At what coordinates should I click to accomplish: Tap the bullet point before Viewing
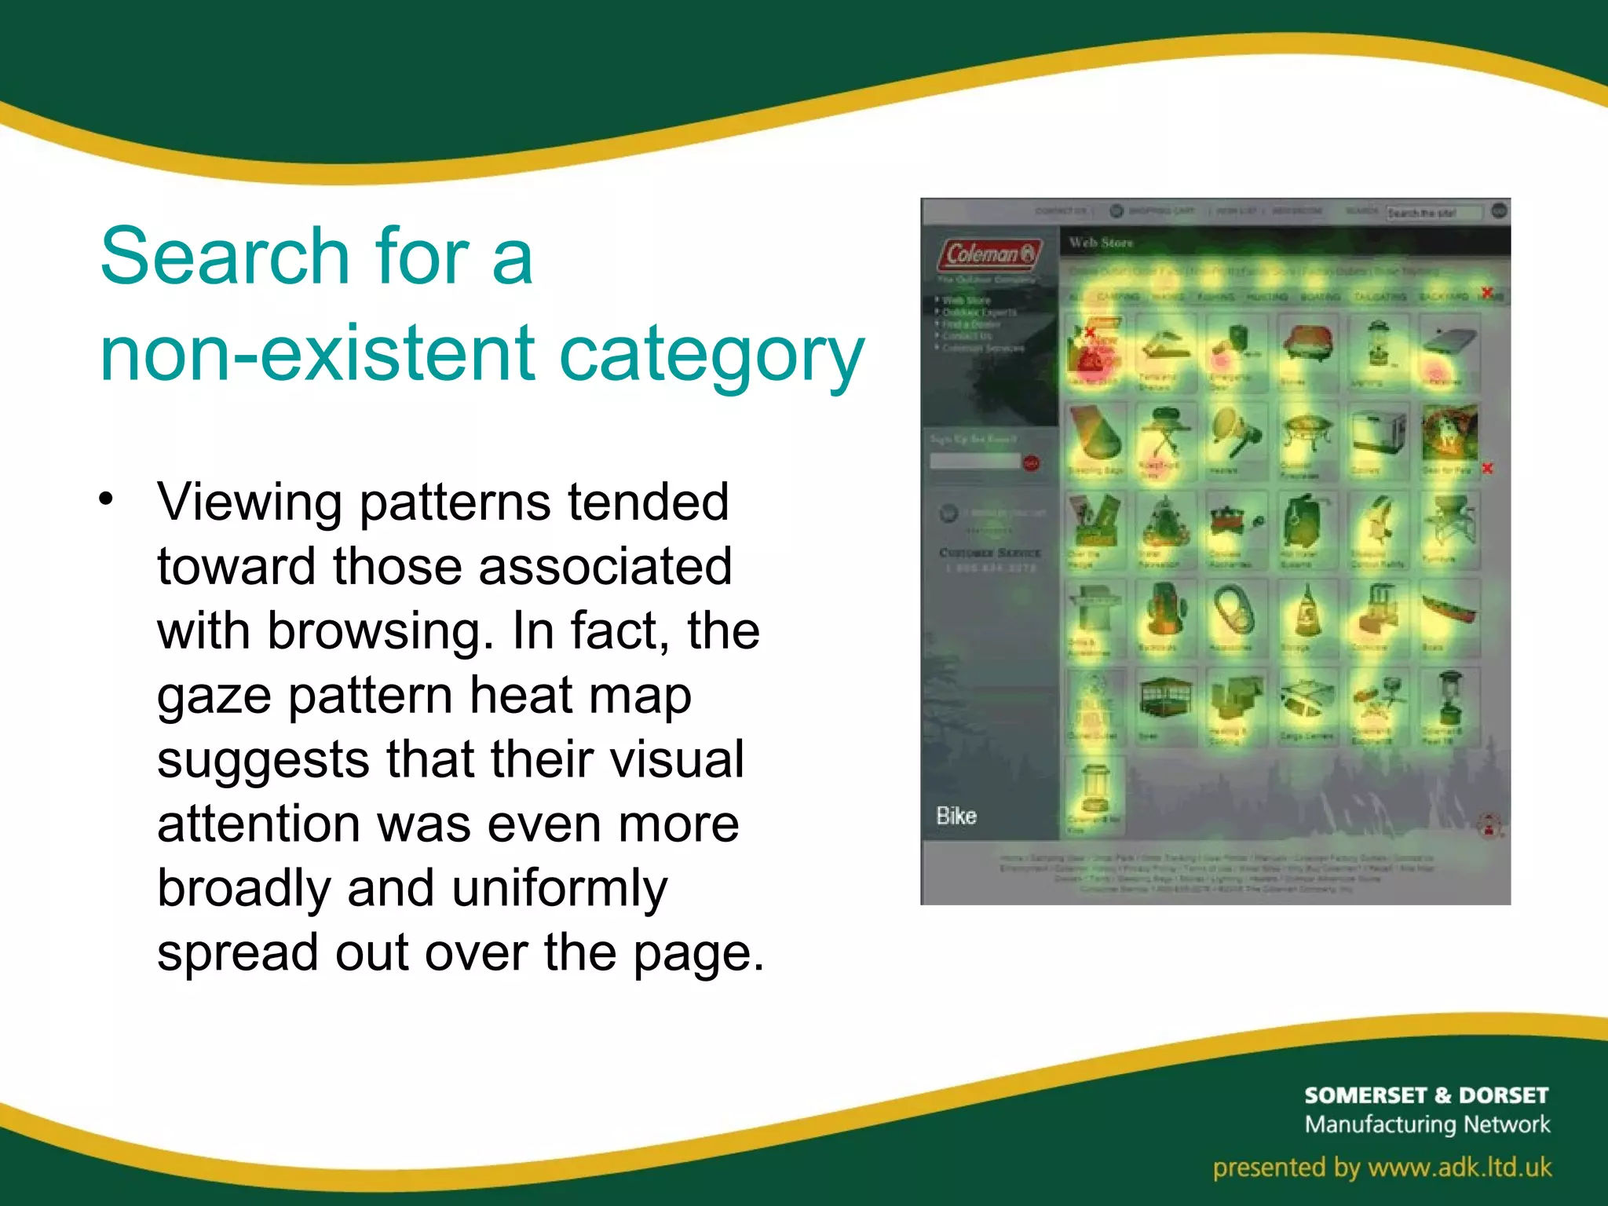click(x=107, y=499)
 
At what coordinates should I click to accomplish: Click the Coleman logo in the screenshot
click(x=989, y=254)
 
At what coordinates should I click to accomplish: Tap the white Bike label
click(x=956, y=816)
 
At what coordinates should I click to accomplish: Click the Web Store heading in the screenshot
click(x=1100, y=243)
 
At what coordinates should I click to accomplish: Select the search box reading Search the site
click(x=1432, y=212)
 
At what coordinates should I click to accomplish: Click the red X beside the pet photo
click(x=1487, y=468)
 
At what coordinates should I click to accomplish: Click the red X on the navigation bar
click(x=1486, y=293)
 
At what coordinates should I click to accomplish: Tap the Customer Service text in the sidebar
click(x=990, y=553)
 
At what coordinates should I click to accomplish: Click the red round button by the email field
click(x=1031, y=463)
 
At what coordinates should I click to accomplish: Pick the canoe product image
click(x=1449, y=612)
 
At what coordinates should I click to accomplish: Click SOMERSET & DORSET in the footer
click(x=1426, y=1095)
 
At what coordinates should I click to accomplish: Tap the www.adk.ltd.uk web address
click(x=1460, y=1167)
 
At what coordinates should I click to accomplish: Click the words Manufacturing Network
click(x=1427, y=1124)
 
